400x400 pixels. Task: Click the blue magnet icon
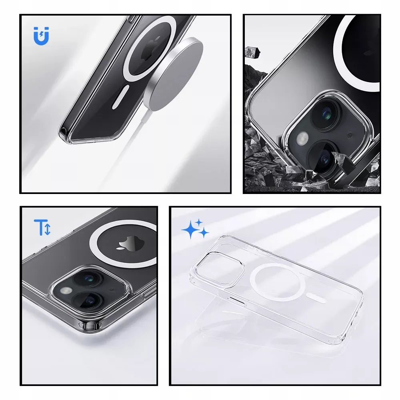42,37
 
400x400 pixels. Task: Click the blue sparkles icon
195,229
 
